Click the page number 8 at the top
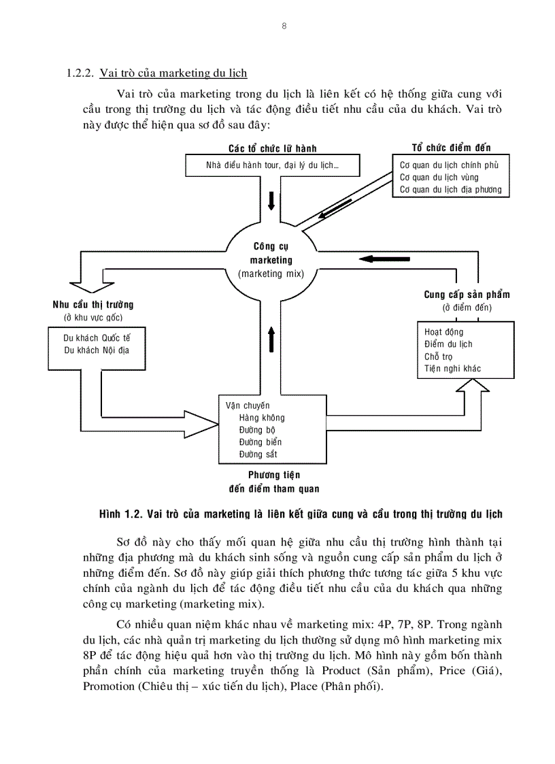(284, 26)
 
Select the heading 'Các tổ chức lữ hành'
(272, 148)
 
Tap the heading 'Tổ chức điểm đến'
(451, 148)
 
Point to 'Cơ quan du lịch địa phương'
(450, 189)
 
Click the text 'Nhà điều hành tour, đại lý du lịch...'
(272, 165)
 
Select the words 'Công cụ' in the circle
(271, 247)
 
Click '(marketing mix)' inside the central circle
(271, 273)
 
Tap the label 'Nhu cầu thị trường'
(93, 304)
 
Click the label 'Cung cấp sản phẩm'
(467, 295)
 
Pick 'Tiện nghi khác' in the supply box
(452, 369)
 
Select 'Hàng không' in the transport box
(262, 418)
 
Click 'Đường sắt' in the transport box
(258, 454)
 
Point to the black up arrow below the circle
(271, 338)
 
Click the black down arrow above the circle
(271, 201)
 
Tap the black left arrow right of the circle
(380, 258)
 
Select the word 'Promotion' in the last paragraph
(107, 686)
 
